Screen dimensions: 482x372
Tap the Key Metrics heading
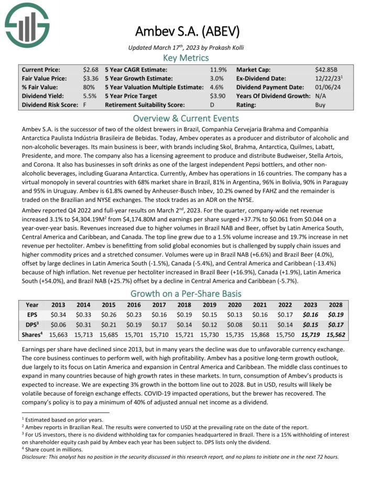[186, 58]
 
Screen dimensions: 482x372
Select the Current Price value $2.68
[91, 69]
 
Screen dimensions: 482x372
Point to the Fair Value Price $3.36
[91, 78]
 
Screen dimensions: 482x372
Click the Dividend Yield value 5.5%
[92, 96]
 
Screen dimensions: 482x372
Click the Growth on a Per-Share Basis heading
[186, 294]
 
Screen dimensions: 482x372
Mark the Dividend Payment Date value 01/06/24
[330, 87]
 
